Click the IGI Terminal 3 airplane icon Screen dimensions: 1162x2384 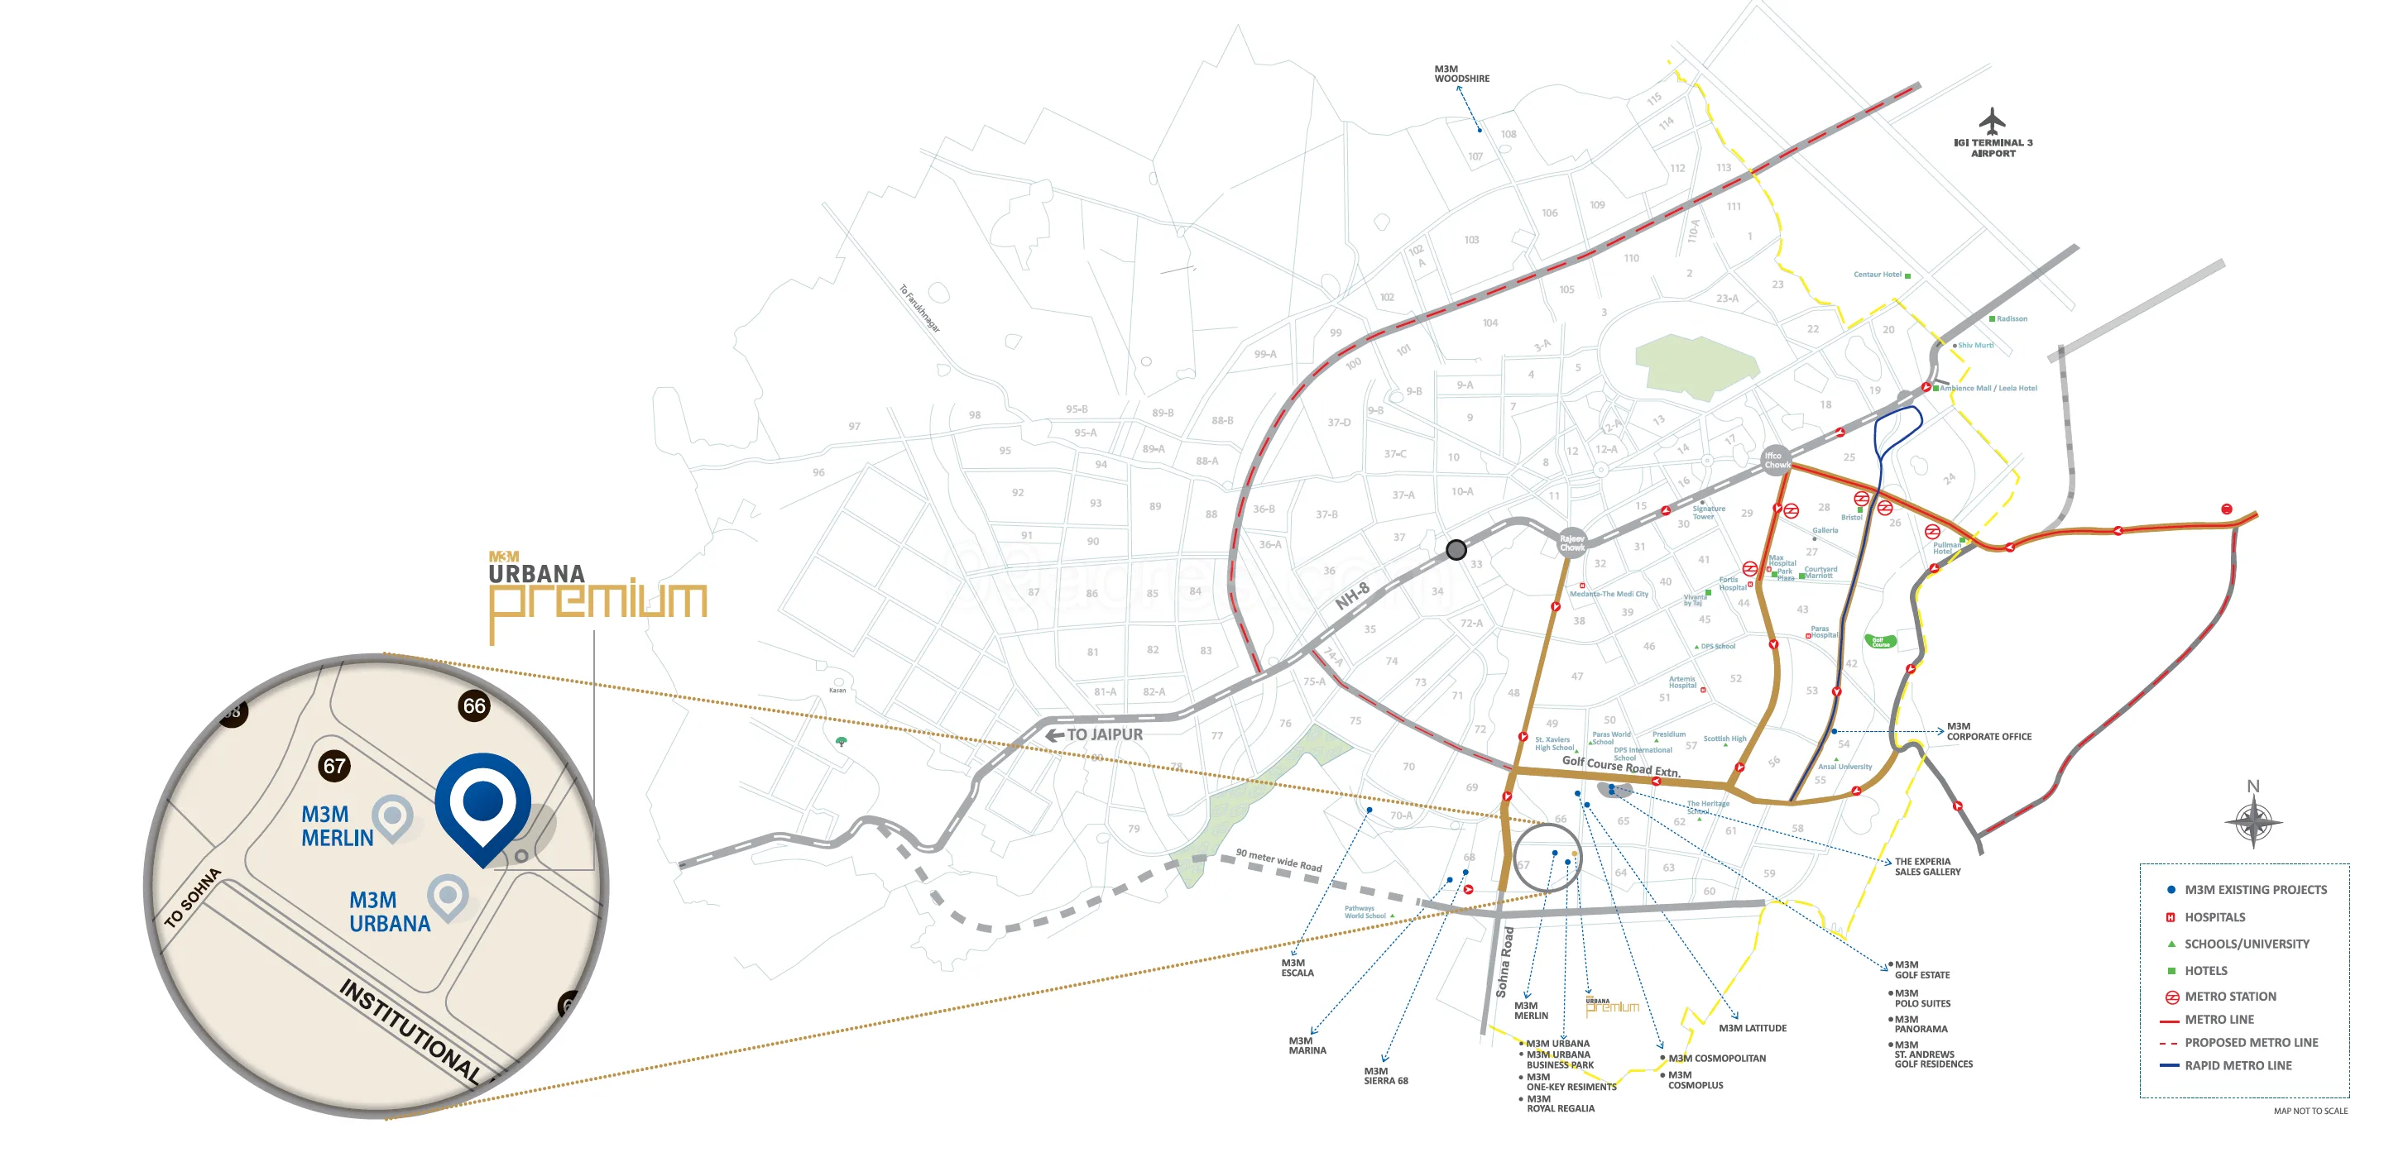point(1992,122)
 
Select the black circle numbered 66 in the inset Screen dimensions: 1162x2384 point(474,706)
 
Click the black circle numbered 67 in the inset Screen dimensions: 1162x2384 point(334,765)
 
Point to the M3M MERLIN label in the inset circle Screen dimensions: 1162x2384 point(337,826)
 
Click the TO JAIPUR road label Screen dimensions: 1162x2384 point(1103,734)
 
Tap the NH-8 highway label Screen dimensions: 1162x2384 point(1352,597)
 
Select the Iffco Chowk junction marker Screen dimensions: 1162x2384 point(1774,460)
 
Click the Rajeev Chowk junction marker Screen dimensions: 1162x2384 point(1572,543)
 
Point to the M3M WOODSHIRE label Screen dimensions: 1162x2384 point(1461,74)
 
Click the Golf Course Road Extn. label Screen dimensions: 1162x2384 point(1620,766)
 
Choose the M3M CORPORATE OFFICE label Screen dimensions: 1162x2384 point(1988,732)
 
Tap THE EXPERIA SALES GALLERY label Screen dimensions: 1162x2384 point(1927,867)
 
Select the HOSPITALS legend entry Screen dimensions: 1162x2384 point(2214,917)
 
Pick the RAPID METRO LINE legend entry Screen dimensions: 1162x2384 point(2237,1066)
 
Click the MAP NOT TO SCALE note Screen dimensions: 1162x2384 point(2310,1111)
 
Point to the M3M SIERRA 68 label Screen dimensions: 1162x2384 point(1385,1076)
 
